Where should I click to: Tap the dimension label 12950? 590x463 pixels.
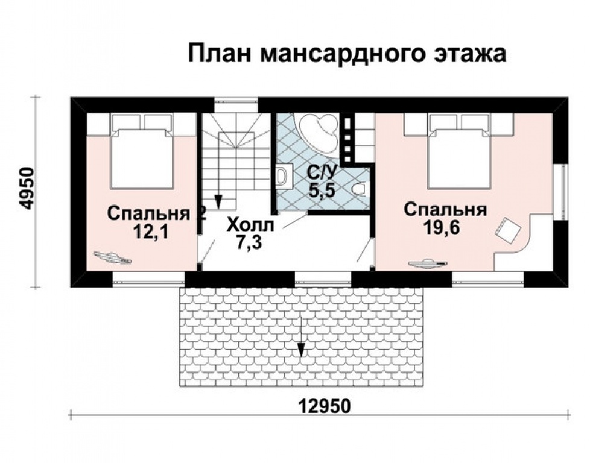(325, 405)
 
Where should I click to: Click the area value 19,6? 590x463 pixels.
(445, 228)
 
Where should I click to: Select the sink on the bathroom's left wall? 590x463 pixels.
(282, 177)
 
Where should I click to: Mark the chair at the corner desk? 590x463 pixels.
(507, 230)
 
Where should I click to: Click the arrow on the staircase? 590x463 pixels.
(219, 199)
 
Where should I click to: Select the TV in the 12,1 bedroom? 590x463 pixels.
(112, 257)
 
